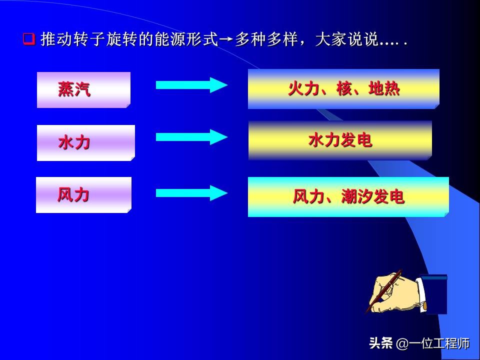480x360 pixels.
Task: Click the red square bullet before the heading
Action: coord(29,39)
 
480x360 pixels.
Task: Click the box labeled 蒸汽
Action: coord(83,90)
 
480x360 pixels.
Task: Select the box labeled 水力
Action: coord(85,143)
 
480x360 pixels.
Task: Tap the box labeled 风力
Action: coord(83,195)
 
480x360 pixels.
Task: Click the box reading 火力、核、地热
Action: coord(343,89)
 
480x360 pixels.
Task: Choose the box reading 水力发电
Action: coord(340,141)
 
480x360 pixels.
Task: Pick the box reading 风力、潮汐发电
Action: coord(348,197)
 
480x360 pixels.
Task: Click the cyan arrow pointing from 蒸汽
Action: coord(191,85)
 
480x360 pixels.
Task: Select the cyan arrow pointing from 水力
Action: coord(191,137)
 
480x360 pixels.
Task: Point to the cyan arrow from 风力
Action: coord(191,193)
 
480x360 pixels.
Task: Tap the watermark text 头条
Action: coord(380,344)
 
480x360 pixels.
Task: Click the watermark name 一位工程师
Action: coord(439,344)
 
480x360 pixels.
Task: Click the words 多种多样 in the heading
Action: coord(265,39)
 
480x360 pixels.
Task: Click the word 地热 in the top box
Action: coord(384,89)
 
